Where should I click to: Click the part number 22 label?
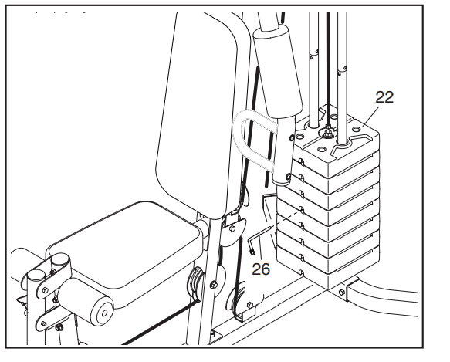(384, 97)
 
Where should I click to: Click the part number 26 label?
(261, 269)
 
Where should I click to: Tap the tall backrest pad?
(198, 115)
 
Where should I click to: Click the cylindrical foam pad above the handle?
(278, 72)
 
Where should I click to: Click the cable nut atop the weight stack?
(328, 133)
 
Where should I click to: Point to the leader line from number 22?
(370, 117)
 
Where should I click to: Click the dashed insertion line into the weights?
(288, 219)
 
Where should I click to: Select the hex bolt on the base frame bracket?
(341, 293)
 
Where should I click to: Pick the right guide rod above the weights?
(342, 77)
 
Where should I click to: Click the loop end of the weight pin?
(252, 252)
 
